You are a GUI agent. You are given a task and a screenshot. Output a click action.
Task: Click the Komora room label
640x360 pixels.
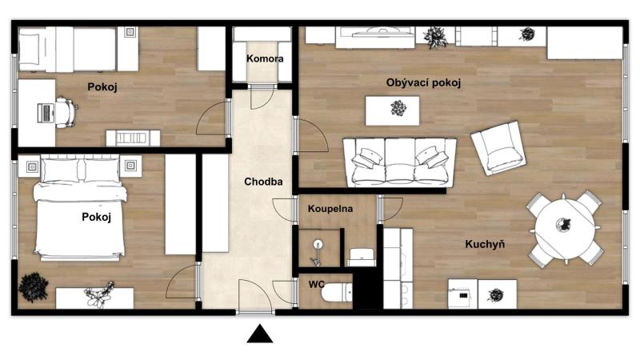[x=265, y=58]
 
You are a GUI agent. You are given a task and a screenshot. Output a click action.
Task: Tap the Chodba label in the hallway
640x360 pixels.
[x=263, y=182]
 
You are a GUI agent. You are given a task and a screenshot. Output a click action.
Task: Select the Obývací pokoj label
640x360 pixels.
[x=423, y=83]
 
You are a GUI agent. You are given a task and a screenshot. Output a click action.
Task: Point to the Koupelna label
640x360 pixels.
[x=330, y=209]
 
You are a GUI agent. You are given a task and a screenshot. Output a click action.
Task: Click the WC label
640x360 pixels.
[x=316, y=284]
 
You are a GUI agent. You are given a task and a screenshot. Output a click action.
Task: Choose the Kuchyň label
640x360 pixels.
[x=485, y=244]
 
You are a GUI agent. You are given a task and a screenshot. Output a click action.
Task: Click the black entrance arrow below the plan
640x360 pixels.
[x=260, y=334]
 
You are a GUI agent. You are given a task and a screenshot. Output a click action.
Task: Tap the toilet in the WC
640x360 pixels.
[x=336, y=293]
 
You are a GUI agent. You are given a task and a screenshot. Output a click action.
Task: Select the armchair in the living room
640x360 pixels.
[x=498, y=148]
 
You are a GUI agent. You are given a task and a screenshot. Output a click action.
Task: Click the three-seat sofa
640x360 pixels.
[x=399, y=162]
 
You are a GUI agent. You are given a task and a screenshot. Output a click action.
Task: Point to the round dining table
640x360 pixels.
[x=565, y=228]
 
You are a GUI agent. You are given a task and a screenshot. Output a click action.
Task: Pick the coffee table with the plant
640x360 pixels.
[x=392, y=110]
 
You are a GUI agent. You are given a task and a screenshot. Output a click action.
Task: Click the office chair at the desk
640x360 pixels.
[x=66, y=112]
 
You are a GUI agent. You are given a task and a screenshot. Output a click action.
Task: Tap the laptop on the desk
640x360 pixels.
[x=46, y=113]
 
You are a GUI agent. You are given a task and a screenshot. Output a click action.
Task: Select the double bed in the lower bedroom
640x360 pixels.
[x=80, y=208]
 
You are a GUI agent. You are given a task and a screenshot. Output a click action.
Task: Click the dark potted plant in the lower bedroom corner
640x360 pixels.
[x=34, y=287]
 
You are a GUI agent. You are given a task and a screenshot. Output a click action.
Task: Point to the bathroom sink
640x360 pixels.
[x=362, y=257]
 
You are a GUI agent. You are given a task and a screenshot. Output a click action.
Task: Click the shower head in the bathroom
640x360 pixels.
[x=318, y=245]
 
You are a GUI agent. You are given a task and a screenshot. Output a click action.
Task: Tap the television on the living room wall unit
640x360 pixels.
[x=378, y=32]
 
